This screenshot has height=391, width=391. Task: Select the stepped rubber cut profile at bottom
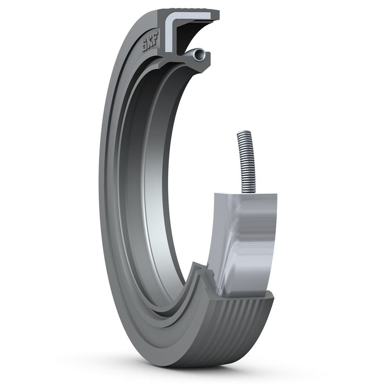[x=201, y=279]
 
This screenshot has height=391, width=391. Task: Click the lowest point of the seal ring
[x=184, y=366]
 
